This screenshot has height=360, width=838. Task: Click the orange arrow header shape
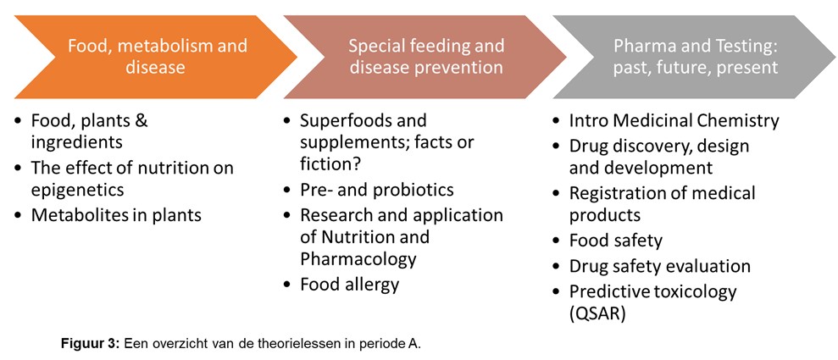tap(155, 57)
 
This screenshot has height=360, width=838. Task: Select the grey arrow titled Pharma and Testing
tap(695, 57)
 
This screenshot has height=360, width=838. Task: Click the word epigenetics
tap(77, 190)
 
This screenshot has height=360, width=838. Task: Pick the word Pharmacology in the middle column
tap(358, 259)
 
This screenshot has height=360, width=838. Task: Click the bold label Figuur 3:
tap(91, 344)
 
